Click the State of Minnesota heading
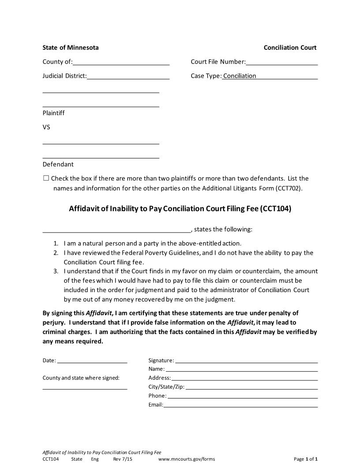71,48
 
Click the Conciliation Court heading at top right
290,48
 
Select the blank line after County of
121,63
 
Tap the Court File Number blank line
282,63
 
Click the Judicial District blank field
128,77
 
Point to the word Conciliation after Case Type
240,76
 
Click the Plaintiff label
53,113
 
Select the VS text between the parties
46,127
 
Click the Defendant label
58,164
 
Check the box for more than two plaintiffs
46,178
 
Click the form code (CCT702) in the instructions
289,188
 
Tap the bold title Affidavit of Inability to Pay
180,209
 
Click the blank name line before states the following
116,230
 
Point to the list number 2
56,253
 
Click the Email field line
240,405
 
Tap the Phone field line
243,396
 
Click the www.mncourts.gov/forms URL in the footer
187,459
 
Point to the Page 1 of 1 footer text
306,459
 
